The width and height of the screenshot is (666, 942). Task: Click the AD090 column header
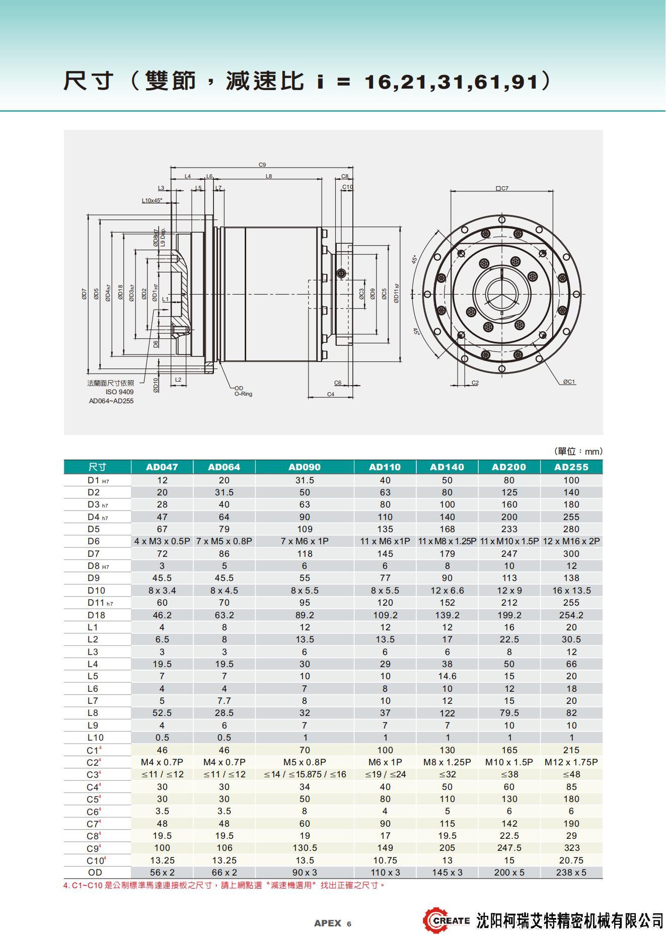305,467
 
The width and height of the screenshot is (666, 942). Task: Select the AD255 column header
571,467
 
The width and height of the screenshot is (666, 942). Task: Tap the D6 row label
94,541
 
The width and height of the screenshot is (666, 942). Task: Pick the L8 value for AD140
447,713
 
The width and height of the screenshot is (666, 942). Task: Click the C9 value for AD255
571,848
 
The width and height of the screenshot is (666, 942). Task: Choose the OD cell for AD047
162,873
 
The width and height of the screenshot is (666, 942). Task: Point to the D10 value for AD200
509,590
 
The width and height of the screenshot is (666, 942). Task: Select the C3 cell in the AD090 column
305,774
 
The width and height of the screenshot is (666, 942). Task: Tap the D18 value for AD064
224,615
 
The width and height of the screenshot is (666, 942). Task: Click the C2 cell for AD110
385,762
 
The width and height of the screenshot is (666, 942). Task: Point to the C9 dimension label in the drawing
262,165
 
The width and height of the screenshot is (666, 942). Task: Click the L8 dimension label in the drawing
269,176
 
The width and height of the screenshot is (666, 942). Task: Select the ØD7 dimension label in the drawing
85,294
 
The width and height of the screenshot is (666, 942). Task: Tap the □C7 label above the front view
502,188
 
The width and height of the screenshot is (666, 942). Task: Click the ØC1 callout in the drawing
568,382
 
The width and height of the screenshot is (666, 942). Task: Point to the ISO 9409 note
119,392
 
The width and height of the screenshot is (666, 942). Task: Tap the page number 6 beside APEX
349,924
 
